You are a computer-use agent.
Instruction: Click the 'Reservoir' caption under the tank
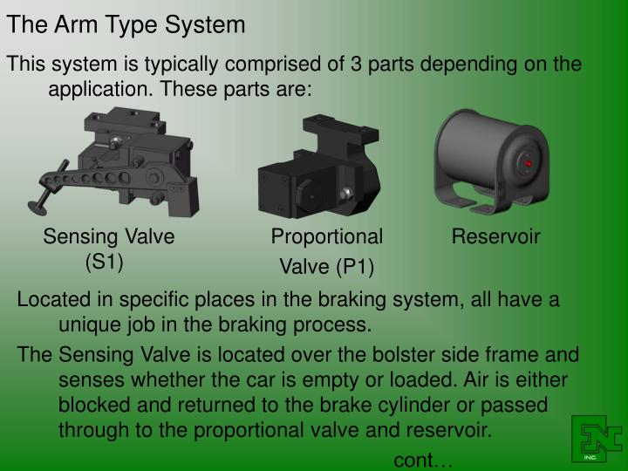(495, 236)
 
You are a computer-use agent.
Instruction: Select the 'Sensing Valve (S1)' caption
(110, 248)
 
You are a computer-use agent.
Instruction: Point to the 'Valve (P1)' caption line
(326, 267)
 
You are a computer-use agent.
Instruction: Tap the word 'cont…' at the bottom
(424, 461)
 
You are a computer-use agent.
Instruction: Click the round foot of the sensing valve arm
(38, 207)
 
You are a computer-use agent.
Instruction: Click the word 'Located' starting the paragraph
(52, 301)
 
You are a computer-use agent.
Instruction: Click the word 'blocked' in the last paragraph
(94, 406)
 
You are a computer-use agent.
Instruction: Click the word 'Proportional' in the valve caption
(326, 236)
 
